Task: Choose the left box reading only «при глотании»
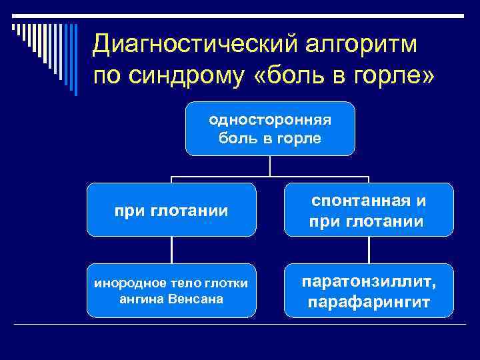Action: [x=171, y=211]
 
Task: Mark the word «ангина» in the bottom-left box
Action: [x=139, y=299]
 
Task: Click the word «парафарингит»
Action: [x=369, y=303]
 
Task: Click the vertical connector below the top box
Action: [x=270, y=166]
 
